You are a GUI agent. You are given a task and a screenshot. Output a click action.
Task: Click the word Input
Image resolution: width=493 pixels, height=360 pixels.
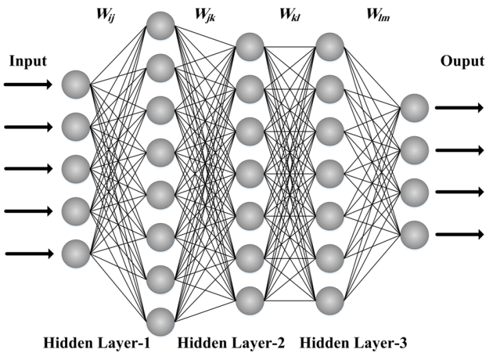(x=28, y=62)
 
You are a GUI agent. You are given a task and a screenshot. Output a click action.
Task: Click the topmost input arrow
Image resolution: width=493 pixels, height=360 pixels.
(x=28, y=85)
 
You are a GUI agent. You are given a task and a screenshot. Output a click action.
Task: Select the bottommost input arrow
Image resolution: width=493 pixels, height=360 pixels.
(x=28, y=254)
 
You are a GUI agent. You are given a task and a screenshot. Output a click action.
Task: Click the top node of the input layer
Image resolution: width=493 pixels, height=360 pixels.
(x=75, y=85)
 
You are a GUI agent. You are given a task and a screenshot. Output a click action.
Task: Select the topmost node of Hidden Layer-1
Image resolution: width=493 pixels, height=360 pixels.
(x=160, y=25)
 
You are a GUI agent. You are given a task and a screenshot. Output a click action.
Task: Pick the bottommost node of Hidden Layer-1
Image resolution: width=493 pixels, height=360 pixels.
(x=160, y=320)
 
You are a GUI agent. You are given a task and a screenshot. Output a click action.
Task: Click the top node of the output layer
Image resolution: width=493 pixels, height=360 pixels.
(x=414, y=107)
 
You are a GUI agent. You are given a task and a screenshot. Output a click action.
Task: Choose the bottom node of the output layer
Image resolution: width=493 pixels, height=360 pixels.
(x=414, y=234)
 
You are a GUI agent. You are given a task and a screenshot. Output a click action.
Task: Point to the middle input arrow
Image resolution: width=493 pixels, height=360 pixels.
(x=28, y=169)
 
